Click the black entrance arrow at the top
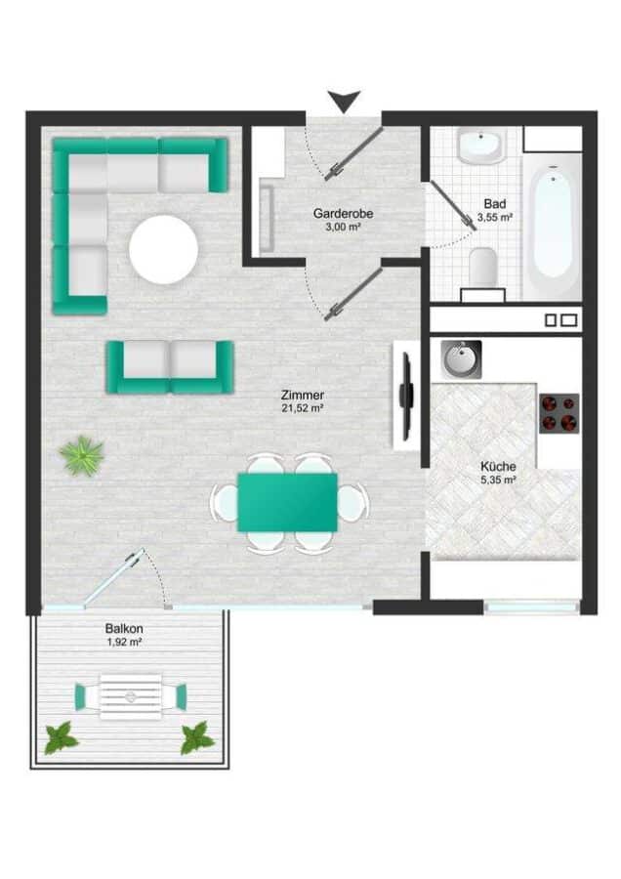click(x=344, y=101)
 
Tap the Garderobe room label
click(x=343, y=214)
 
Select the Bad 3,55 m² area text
click(x=495, y=217)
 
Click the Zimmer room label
click(x=303, y=396)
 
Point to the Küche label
click(x=498, y=467)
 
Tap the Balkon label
click(x=124, y=629)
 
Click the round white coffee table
click(x=164, y=249)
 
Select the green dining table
click(x=287, y=502)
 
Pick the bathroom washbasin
click(x=480, y=146)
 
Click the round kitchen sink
click(x=461, y=359)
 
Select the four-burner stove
click(x=559, y=414)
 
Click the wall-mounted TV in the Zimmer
click(x=407, y=395)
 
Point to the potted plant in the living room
click(x=82, y=456)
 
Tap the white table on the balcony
click(x=131, y=696)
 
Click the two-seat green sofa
click(x=170, y=367)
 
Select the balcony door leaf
click(x=113, y=577)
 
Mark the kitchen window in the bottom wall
click(x=532, y=607)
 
